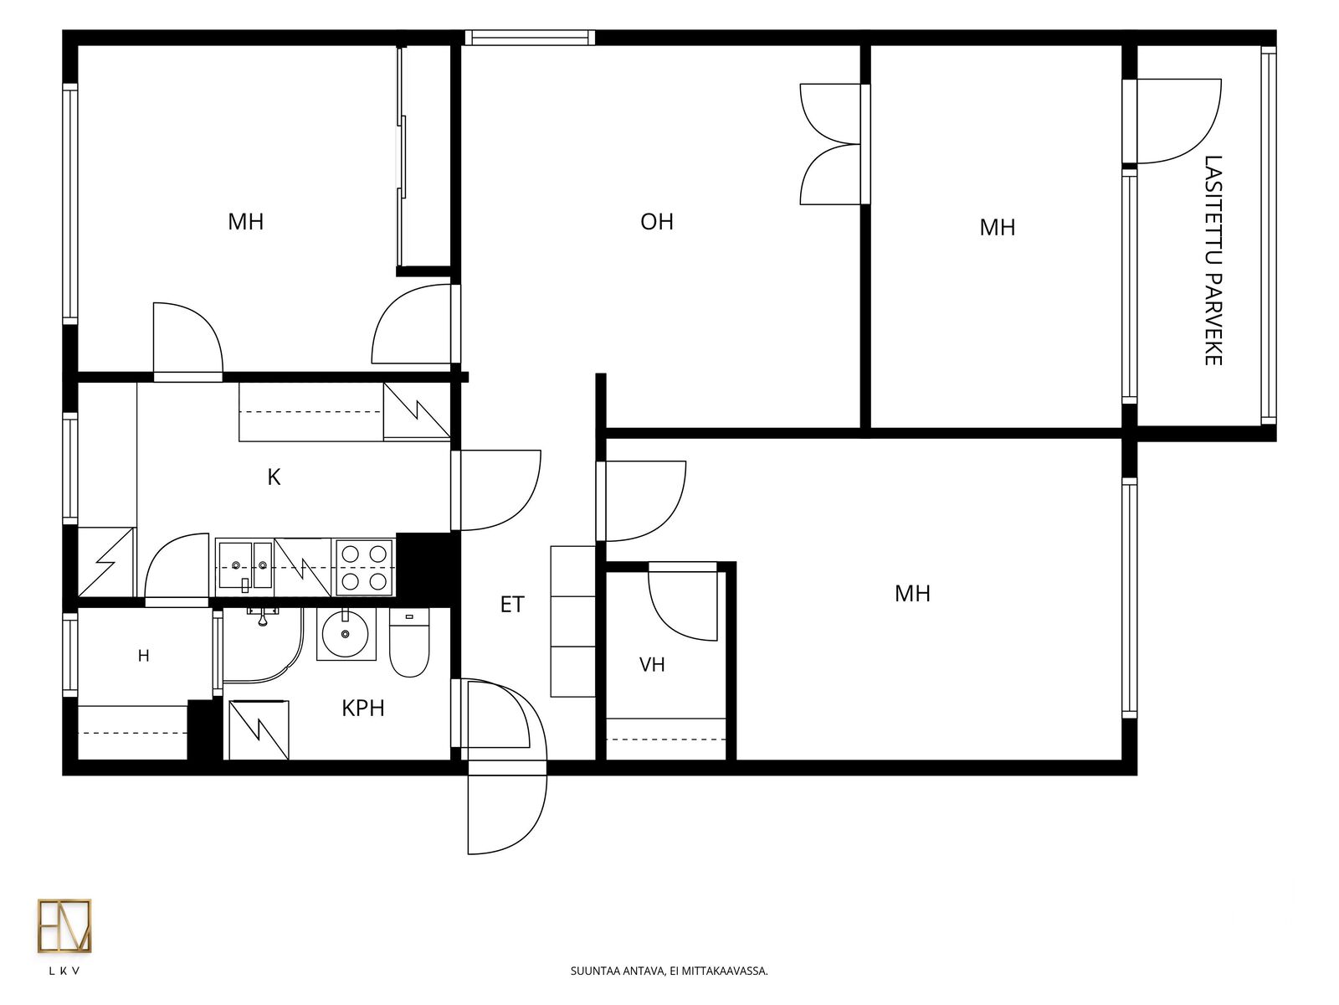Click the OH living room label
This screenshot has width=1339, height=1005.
click(656, 221)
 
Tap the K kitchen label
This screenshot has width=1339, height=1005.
click(274, 477)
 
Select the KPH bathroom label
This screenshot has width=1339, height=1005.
click(363, 708)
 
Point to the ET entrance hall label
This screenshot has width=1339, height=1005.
click(512, 604)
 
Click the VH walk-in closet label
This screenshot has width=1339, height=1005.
click(651, 664)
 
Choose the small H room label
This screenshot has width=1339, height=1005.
click(143, 656)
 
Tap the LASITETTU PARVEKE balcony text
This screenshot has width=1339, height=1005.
click(1213, 260)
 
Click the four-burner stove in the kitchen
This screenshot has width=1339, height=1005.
click(364, 568)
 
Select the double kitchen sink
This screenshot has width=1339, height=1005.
click(245, 565)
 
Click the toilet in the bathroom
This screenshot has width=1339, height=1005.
click(408, 642)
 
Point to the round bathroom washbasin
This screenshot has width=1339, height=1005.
click(345, 635)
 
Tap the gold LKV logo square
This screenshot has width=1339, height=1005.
click(64, 925)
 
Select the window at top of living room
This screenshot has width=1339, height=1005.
click(530, 38)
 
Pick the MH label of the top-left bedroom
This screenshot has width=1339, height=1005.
click(246, 221)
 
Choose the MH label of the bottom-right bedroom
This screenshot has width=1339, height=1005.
click(912, 594)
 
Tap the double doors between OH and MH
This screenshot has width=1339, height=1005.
click(833, 144)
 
